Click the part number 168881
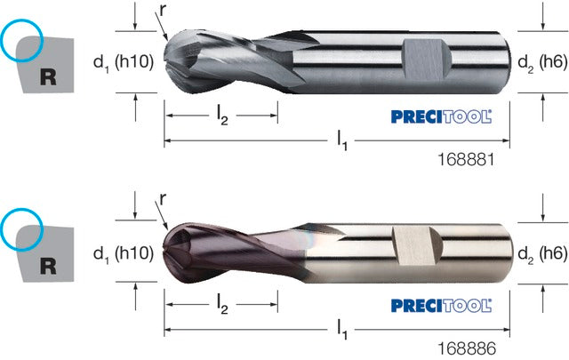point(466,159)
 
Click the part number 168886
point(467,348)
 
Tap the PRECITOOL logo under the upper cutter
point(441,116)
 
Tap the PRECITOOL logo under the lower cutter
point(441,306)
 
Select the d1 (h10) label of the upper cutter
point(124,62)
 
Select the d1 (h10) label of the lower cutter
point(124,253)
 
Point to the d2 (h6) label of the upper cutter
point(542,63)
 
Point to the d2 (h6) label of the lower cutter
point(542,254)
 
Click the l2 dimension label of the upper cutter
point(222,116)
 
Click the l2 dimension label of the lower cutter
point(222,305)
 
